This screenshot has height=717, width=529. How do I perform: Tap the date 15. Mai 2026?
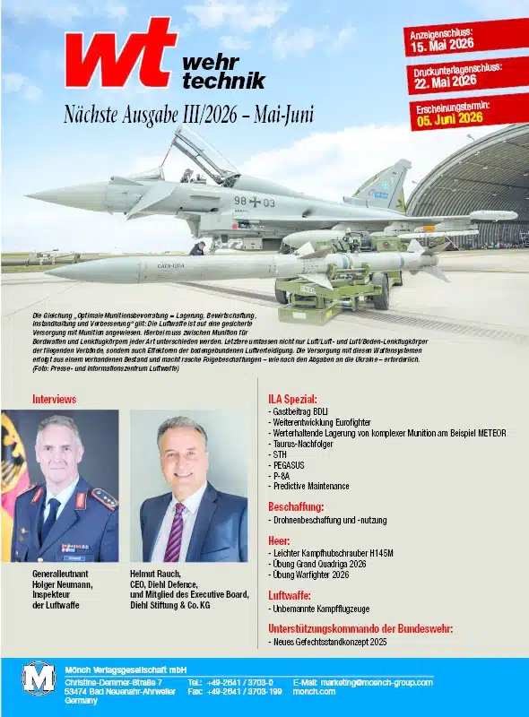440,47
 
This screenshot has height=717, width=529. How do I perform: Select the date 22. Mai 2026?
445,82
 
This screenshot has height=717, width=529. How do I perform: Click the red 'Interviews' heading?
54,398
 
